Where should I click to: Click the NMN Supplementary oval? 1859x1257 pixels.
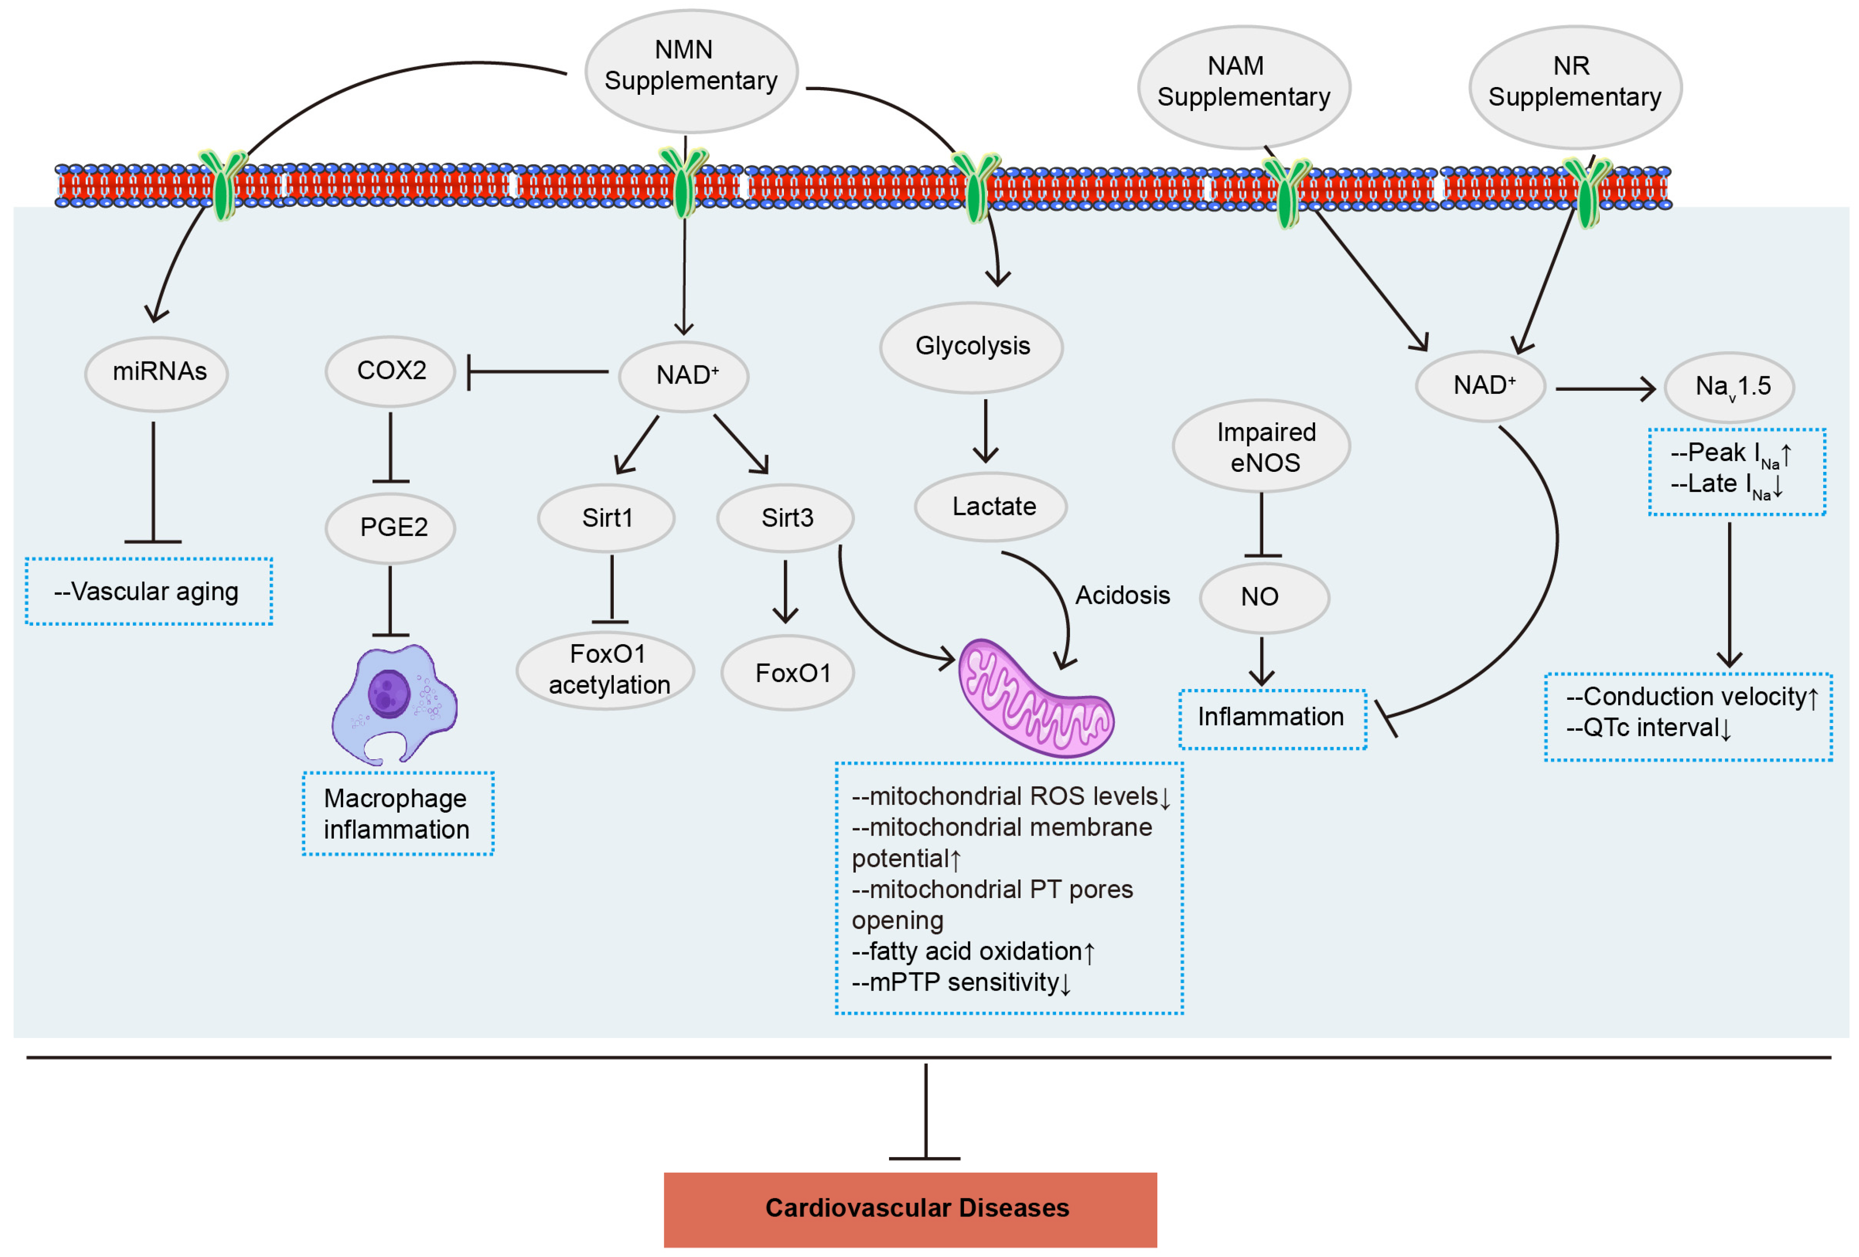coord(691,70)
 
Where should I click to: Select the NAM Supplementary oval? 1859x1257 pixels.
coord(1244,87)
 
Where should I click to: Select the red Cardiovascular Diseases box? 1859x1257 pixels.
coord(910,1209)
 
